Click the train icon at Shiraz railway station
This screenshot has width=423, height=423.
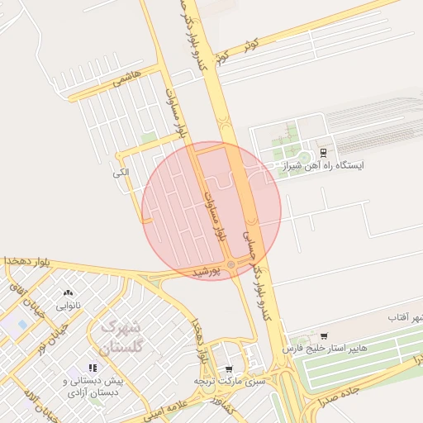click(x=323, y=152)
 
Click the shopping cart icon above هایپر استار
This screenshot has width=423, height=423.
click(x=323, y=336)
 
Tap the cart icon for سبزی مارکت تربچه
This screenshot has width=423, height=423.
click(x=229, y=368)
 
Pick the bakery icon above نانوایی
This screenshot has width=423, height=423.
click(x=68, y=292)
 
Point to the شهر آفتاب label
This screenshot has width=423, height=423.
click(x=405, y=317)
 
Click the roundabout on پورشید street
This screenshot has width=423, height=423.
click(x=231, y=264)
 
